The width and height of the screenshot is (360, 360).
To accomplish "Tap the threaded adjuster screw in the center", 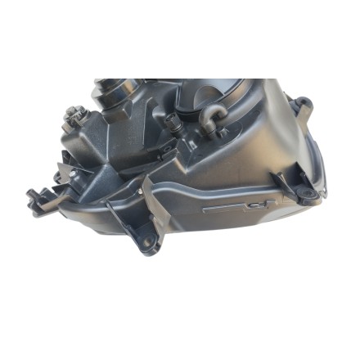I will click(173, 124).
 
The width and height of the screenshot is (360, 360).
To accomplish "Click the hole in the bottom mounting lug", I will click(148, 243).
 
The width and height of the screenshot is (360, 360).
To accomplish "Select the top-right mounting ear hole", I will click(304, 103).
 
